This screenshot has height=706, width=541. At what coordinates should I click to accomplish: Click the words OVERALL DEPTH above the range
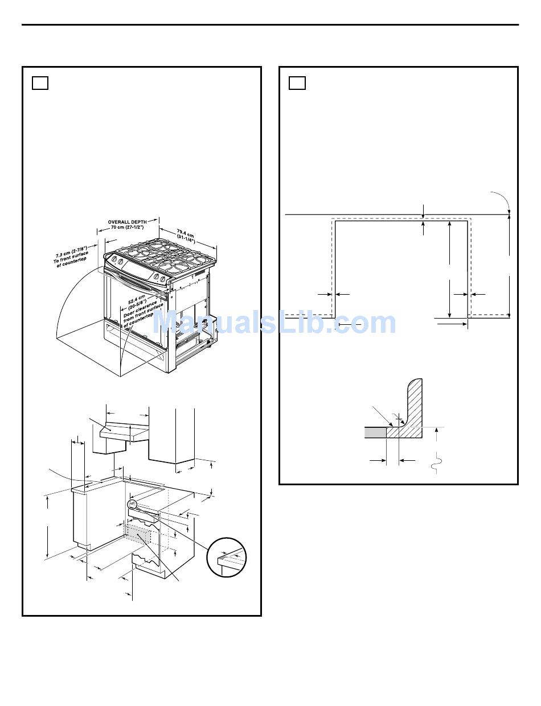tap(128, 222)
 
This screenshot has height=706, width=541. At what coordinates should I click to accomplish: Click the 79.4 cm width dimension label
tap(186, 233)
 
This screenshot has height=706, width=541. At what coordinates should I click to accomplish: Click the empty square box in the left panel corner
tap(40, 83)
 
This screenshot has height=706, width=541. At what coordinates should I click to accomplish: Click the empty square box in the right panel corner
tap(297, 83)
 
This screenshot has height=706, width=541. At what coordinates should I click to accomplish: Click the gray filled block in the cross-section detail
tap(375, 432)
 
